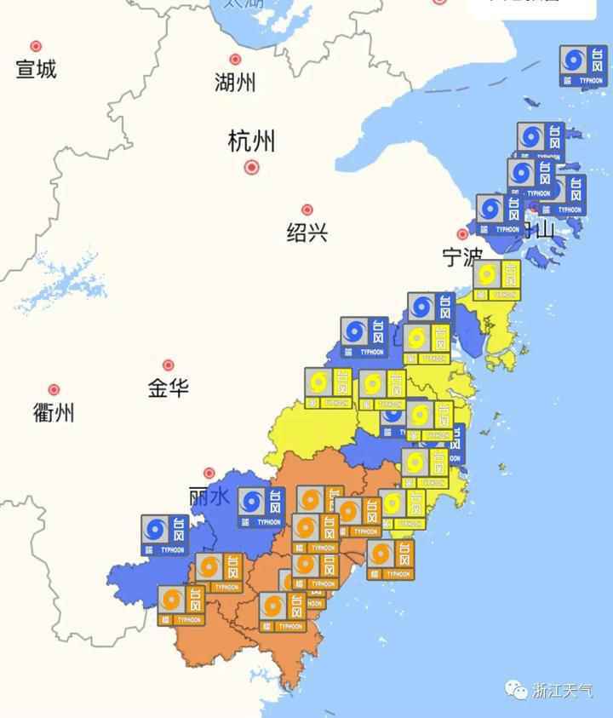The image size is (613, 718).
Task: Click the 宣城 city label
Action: (x=36, y=69)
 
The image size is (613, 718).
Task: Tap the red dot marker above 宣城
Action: (x=36, y=46)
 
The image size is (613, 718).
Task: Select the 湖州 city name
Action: (x=235, y=83)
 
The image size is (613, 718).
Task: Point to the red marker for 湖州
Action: (x=235, y=60)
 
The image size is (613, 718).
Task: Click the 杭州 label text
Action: (x=251, y=141)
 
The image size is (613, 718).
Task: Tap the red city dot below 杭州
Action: (x=251, y=167)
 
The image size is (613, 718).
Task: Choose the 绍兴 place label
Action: (x=306, y=232)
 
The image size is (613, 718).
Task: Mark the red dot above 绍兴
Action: (x=306, y=210)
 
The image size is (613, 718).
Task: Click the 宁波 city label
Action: (x=461, y=256)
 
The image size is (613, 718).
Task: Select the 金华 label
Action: (x=168, y=388)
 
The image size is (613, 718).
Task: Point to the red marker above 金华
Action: (x=168, y=365)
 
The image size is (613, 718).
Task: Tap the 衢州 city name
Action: (x=54, y=413)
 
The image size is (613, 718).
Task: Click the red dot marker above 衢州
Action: (x=54, y=390)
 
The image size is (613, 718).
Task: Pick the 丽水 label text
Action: (x=209, y=496)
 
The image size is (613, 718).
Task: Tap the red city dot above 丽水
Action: (x=209, y=473)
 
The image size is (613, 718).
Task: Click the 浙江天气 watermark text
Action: (x=563, y=690)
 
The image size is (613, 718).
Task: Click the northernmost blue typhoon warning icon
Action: (x=583, y=66)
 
